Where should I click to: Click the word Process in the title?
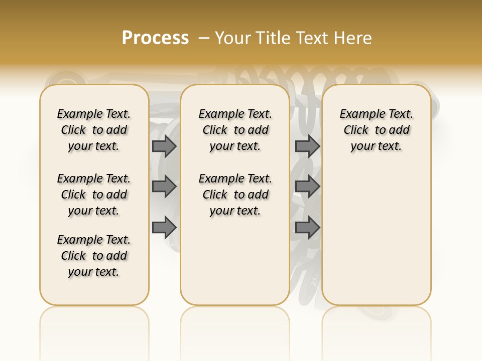155,38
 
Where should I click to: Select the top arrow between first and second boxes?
164,146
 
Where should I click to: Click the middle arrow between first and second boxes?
164,187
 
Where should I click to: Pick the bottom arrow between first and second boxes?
164,227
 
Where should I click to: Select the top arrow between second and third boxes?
307,146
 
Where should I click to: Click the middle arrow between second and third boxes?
307,187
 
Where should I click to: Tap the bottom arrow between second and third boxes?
307,227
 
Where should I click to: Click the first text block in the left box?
94,130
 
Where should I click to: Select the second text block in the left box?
94,195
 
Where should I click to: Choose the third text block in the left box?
94,256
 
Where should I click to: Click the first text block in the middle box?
235,130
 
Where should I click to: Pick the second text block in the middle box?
235,195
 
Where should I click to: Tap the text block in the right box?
377,130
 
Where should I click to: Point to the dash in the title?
204,38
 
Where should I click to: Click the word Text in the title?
311,38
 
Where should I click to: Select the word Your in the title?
231,38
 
